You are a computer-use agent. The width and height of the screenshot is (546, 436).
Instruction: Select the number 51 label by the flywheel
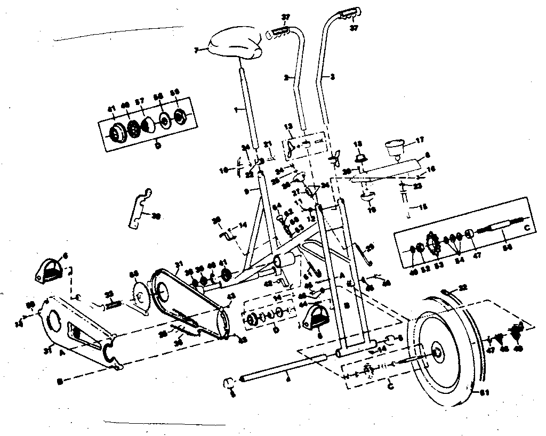(x=484, y=393)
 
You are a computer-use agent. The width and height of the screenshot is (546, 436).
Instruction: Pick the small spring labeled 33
(x=113, y=305)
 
